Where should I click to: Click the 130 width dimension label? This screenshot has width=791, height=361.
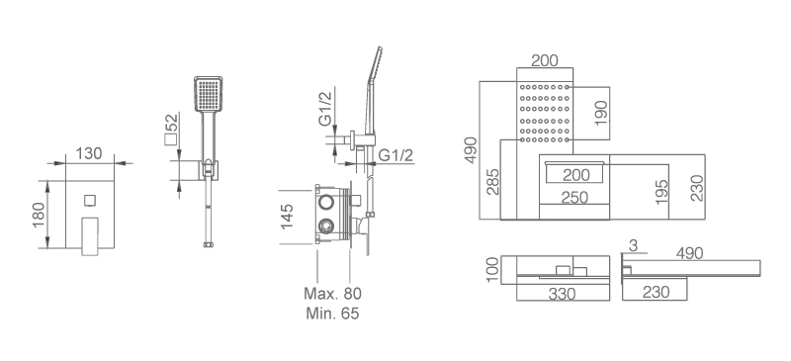[89, 153]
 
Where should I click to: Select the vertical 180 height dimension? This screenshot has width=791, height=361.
[40, 215]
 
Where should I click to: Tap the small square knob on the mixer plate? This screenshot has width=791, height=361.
[90, 201]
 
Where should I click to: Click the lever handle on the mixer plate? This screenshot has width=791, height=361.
[90, 236]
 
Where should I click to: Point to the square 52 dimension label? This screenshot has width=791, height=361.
[171, 130]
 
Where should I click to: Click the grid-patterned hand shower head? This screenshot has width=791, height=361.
[209, 94]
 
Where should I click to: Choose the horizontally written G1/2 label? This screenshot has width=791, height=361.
[395, 155]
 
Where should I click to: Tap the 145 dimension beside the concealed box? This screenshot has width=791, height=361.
[287, 216]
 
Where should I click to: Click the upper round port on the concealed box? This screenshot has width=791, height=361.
[326, 203]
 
